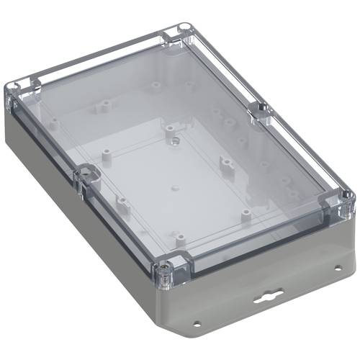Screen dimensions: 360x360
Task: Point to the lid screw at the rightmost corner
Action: (x=347, y=199)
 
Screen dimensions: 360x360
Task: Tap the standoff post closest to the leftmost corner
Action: (x=52, y=123)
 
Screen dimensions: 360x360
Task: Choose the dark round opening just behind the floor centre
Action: (x=174, y=141)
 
